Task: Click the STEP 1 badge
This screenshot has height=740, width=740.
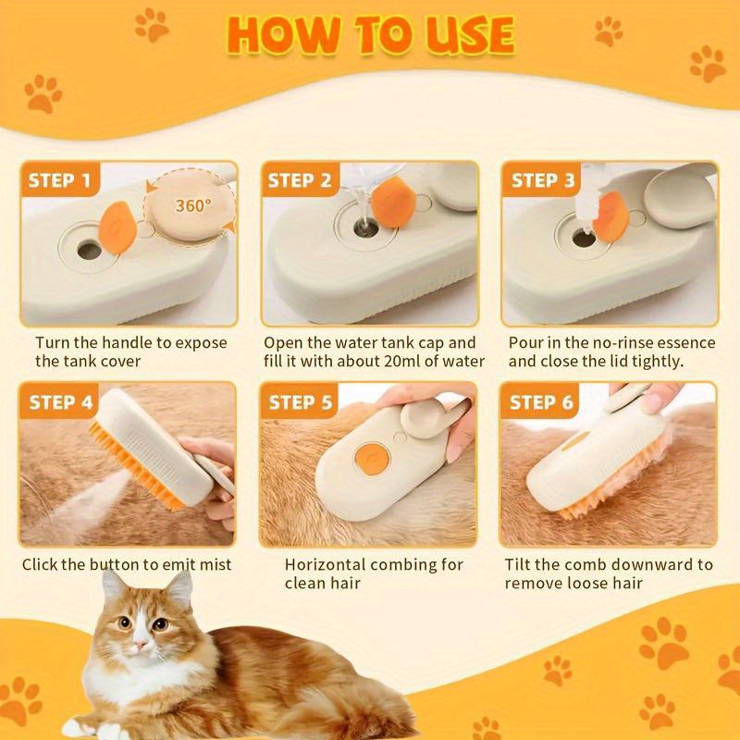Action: (58, 180)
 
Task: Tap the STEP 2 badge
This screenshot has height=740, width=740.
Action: (298, 180)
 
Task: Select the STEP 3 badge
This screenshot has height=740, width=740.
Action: (543, 180)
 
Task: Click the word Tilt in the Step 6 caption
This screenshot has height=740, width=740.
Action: (520, 564)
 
